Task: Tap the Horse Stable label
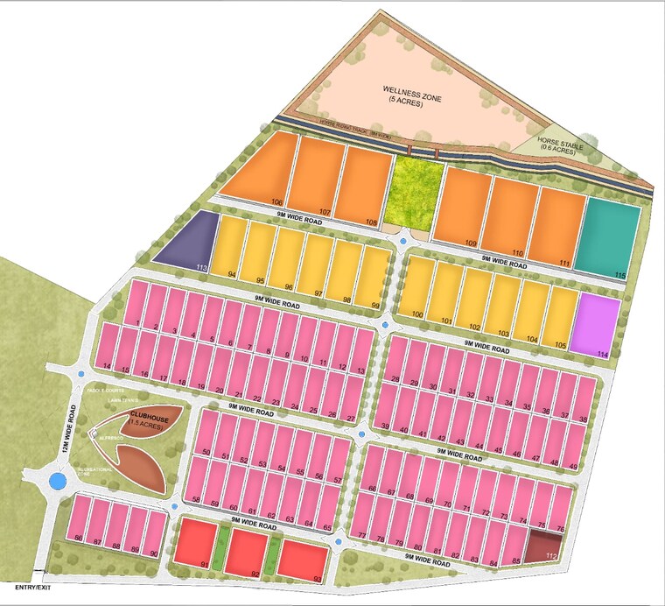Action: tap(557, 144)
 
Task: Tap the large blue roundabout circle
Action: tap(58, 481)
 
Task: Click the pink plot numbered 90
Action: tap(154, 531)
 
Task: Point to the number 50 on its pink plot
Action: tap(206, 452)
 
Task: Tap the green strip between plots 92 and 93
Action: tap(273, 553)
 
